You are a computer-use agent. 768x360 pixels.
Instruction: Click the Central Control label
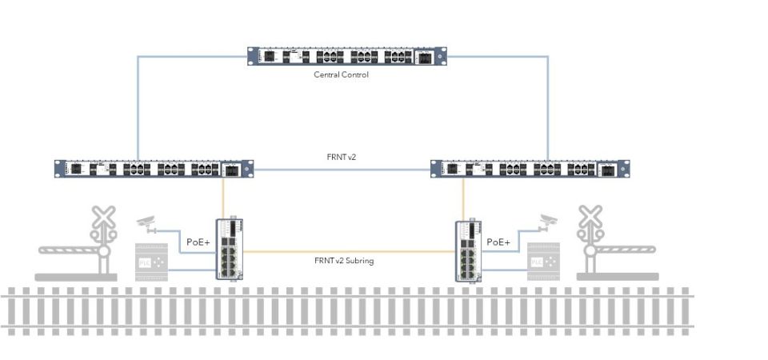(x=342, y=75)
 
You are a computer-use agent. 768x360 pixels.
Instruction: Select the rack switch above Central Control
(x=346, y=57)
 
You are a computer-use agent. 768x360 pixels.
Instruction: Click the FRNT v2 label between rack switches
(x=342, y=158)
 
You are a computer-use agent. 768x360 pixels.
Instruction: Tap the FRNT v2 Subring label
(x=344, y=261)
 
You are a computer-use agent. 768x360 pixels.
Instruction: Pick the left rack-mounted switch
(x=154, y=169)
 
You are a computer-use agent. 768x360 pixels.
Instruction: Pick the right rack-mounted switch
(x=530, y=169)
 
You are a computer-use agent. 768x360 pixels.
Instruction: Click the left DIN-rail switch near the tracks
(x=229, y=249)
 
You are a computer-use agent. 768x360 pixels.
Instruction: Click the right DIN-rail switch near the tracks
(x=470, y=250)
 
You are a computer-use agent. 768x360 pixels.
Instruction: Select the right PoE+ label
(x=498, y=241)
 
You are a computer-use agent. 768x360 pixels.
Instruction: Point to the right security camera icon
(x=548, y=219)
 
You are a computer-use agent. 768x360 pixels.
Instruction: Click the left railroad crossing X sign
(x=102, y=217)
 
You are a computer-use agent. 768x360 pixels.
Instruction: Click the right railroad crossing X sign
(x=590, y=217)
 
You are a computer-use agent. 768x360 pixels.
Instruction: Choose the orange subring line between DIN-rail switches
(x=344, y=252)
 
